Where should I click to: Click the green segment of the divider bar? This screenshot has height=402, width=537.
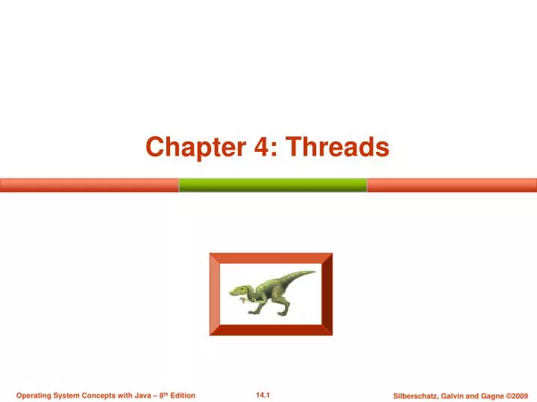[x=272, y=185]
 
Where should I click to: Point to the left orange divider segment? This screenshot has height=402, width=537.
[x=89, y=185]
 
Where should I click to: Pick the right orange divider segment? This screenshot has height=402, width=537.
[x=452, y=185]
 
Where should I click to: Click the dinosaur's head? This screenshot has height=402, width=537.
[x=239, y=290]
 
